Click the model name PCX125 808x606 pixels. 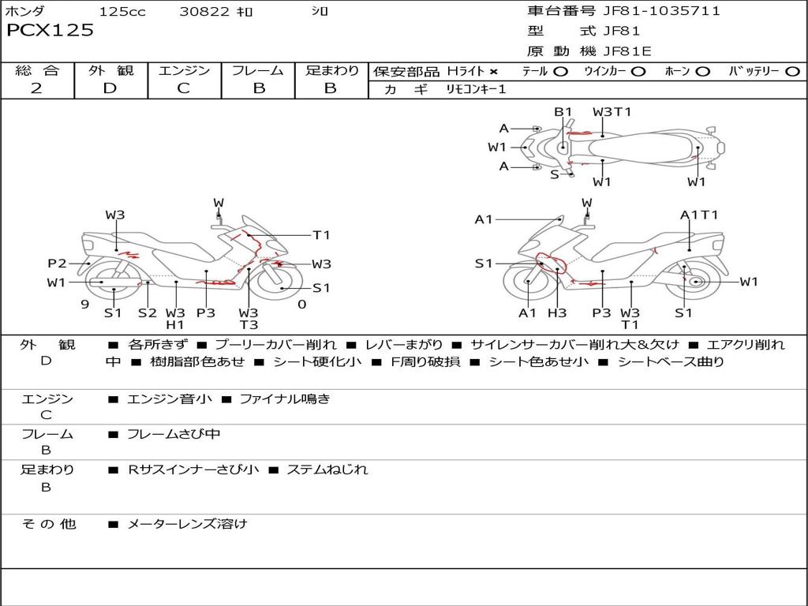pos(50,31)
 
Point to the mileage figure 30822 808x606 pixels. pos(204,12)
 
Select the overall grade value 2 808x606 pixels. pos(36,88)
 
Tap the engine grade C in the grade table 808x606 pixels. pos(183,88)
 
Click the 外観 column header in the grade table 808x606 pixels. pos(110,70)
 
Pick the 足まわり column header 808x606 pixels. pos(331,70)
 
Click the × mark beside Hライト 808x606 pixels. pos(494,72)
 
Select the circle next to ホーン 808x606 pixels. pos(703,72)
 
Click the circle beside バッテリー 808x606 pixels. pos(792,72)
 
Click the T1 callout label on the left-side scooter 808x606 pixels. pos(321,235)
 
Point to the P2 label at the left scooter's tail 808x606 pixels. pos(57,264)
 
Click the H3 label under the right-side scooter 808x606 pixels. pos(557,313)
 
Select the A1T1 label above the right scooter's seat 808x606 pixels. pos(699,215)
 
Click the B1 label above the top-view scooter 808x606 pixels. pos(563,112)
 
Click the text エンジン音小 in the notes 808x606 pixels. pos(170,399)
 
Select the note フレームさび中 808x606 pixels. pos(174,434)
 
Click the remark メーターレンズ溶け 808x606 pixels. pos(187,523)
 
